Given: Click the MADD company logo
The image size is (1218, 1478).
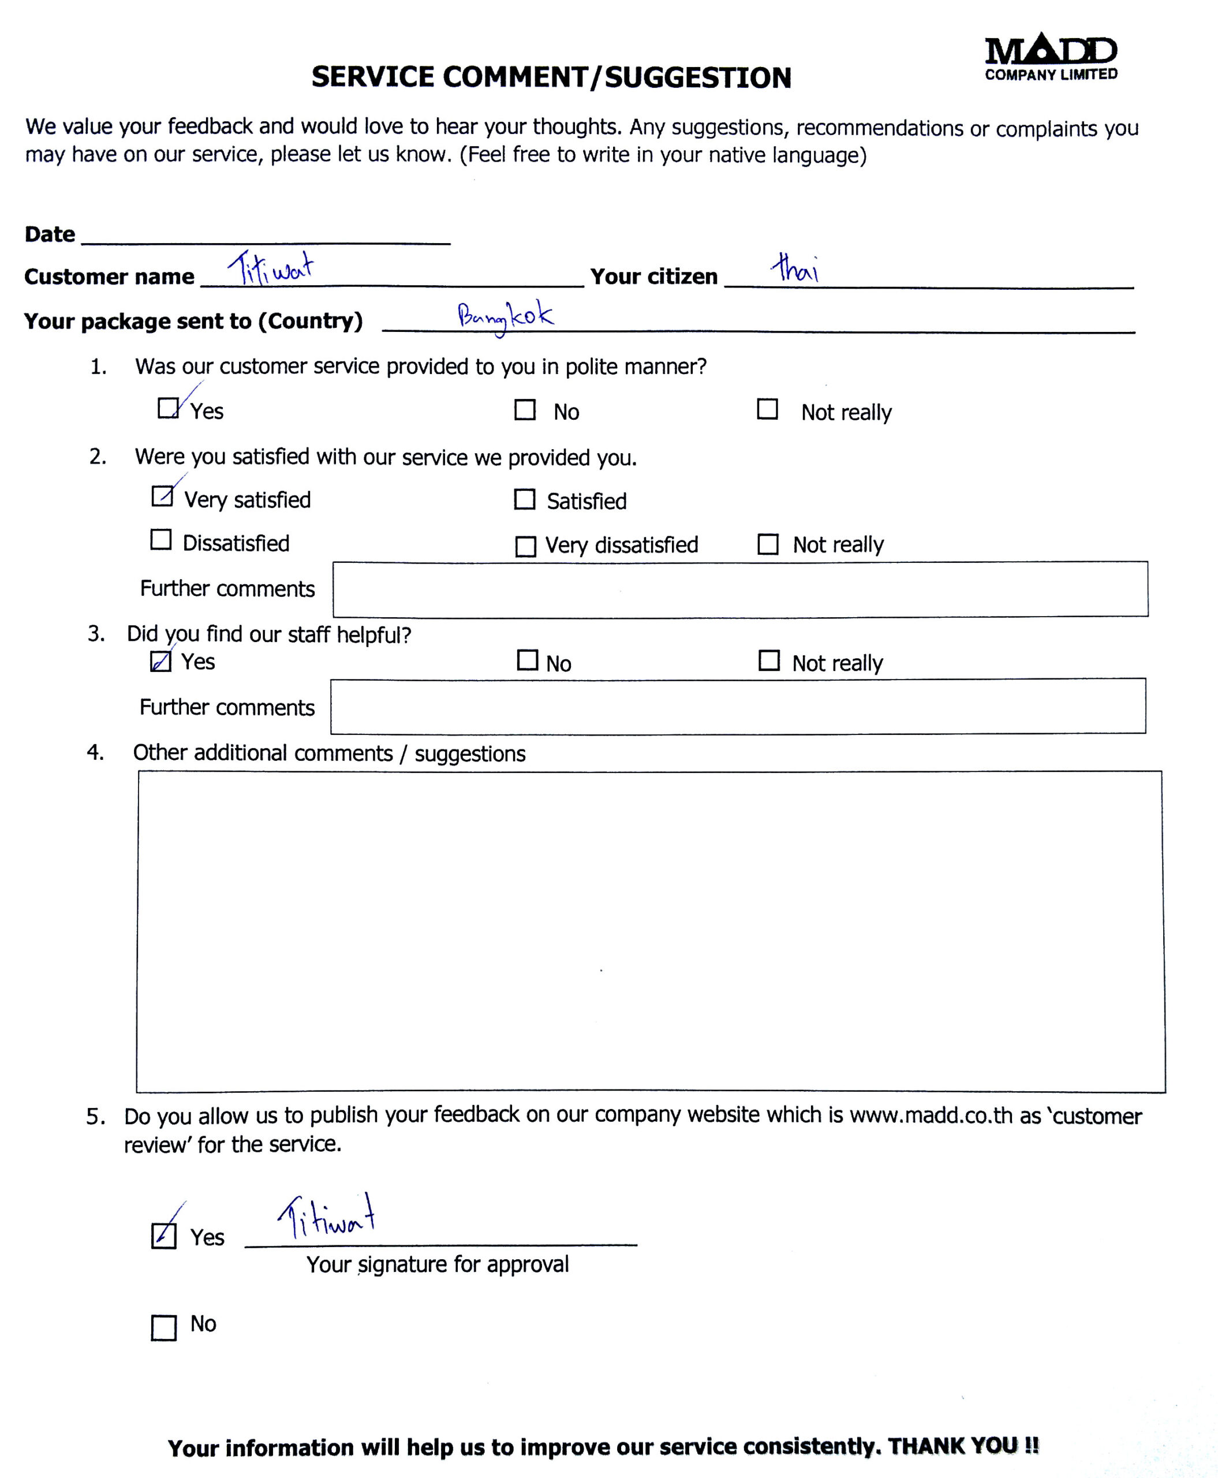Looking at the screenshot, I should (1051, 56).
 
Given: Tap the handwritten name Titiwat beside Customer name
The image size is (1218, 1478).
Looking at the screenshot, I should (271, 267).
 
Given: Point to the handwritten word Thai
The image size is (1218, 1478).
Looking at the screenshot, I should (795, 267).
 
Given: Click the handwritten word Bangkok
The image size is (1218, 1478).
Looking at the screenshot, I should (505, 316).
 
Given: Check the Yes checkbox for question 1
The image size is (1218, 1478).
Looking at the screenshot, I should (167, 408).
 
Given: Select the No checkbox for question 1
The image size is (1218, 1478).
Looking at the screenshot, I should (525, 410).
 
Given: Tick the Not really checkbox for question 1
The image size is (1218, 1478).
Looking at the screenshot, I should (767, 409).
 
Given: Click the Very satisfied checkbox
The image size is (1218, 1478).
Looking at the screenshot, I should (162, 496).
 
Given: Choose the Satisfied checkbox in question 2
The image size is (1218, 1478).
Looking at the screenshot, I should (525, 499).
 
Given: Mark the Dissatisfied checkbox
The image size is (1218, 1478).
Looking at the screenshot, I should (160, 540).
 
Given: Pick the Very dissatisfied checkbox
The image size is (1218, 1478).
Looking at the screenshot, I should (525, 546).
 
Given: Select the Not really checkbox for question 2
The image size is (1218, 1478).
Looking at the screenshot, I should (768, 544).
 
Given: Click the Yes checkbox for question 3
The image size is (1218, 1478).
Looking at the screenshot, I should (160, 661).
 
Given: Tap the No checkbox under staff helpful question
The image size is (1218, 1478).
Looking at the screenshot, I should (527, 660).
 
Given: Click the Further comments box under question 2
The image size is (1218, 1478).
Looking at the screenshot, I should (739, 589).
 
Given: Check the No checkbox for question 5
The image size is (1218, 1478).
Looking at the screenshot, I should (163, 1328).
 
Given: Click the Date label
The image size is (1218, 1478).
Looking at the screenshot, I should (50, 234).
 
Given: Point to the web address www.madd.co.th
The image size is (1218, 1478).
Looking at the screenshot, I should (931, 1116).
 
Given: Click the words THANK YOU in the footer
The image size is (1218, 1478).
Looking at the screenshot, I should (963, 1446).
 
